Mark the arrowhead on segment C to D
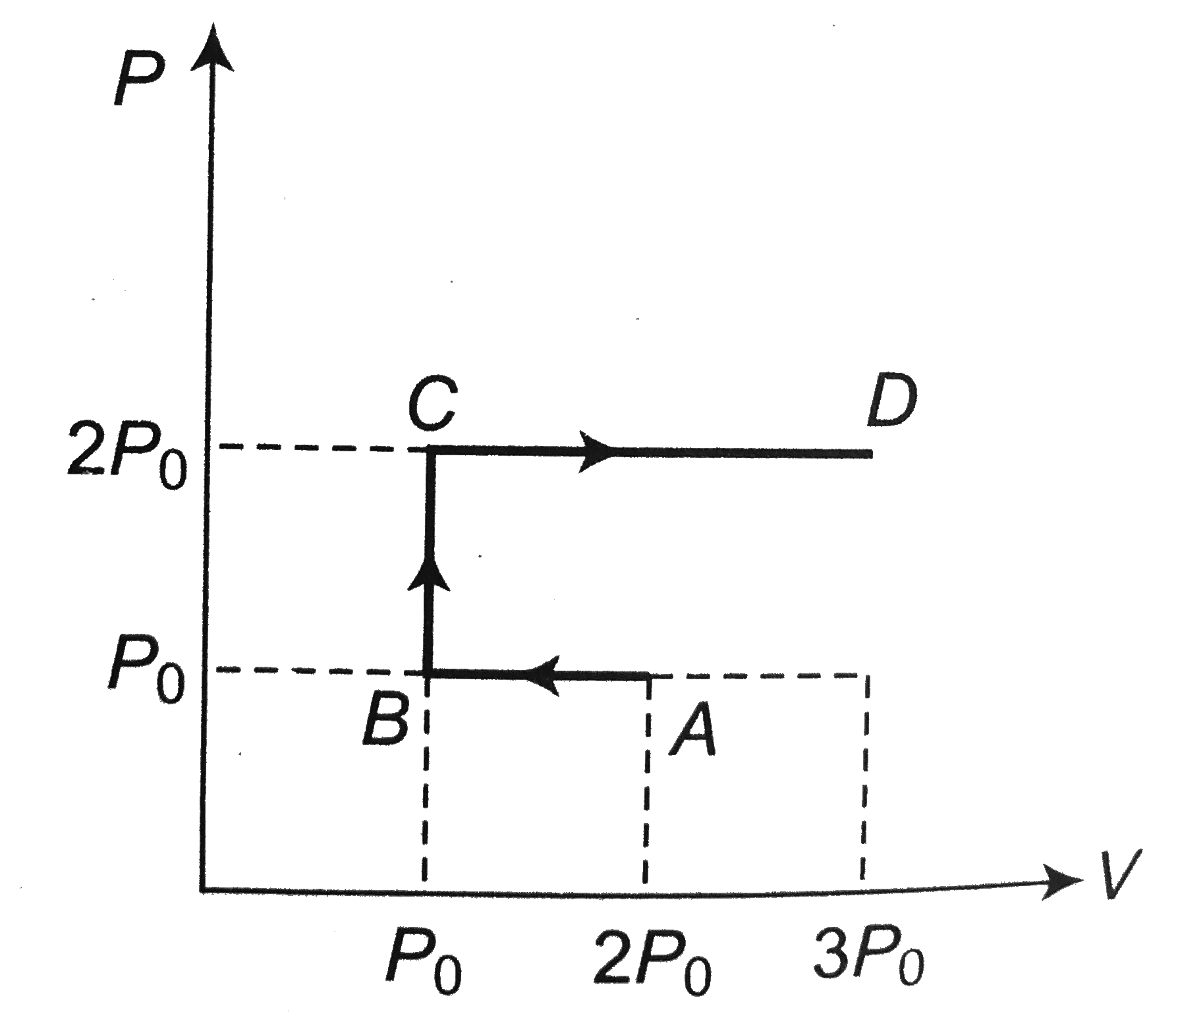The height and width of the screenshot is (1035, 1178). (x=596, y=452)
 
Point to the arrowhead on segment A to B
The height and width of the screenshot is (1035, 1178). (x=544, y=675)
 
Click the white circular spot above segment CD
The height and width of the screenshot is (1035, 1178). (x=728, y=350)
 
